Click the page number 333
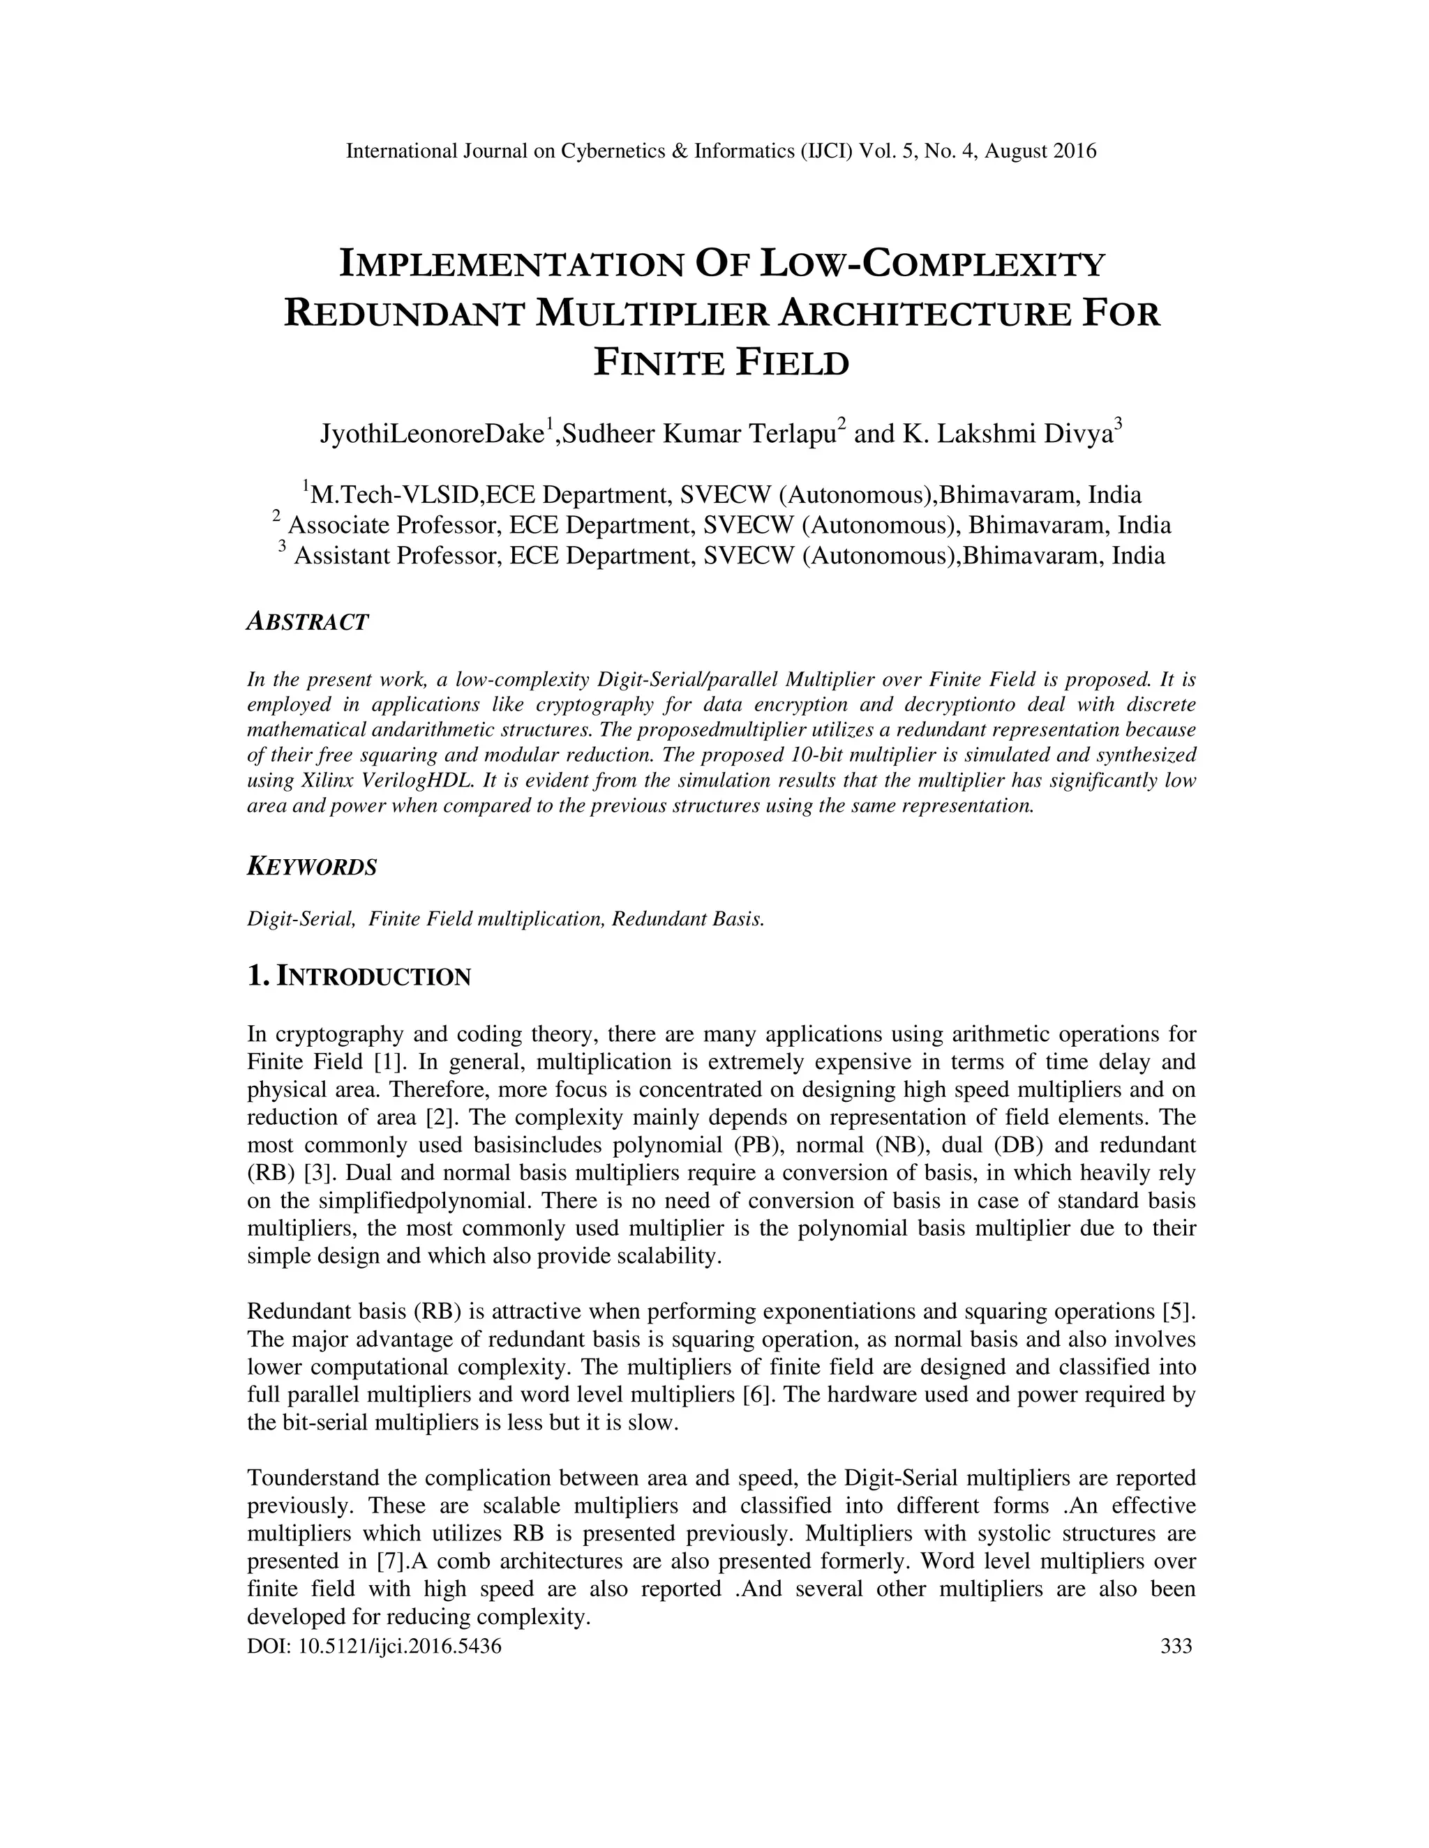coord(1176,1646)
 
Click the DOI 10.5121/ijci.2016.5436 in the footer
coord(374,1646)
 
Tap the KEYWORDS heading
coord(311,868)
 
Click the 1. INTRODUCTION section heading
coord(358,976)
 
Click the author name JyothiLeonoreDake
coord(431,434)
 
